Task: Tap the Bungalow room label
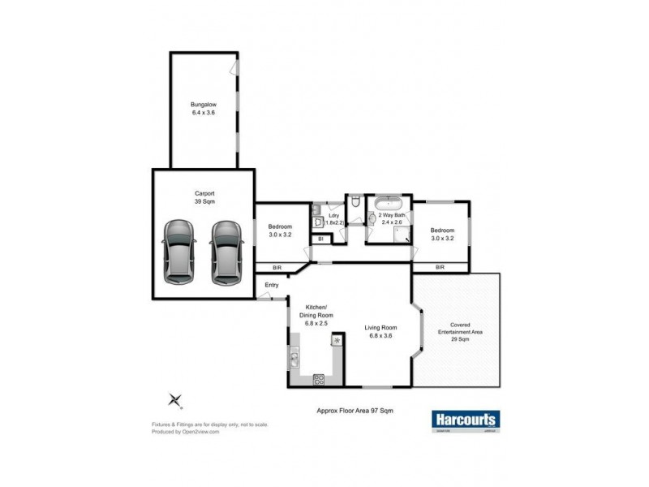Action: coord(203,108)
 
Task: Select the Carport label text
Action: coord(204,196)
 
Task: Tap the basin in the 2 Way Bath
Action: coord(373,217)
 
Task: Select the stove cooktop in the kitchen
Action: coord(319,378)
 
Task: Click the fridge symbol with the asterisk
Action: coord(337,341)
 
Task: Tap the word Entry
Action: coord(272,285)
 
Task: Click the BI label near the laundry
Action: coord(320,239)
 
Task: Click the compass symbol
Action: coord(174,399)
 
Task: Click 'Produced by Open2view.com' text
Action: coord(186,432)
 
